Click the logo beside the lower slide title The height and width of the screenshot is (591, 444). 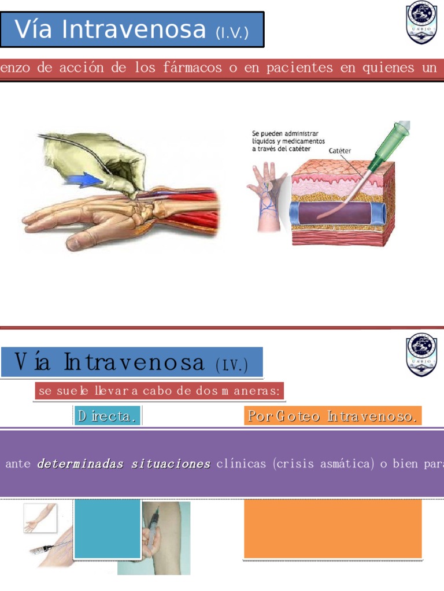(x=421, y=353)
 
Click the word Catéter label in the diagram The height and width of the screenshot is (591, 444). (x=340, y=151)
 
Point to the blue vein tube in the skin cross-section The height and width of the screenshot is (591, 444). (x=338, y=213)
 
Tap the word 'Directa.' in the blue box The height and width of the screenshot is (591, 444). (x=108, y=416)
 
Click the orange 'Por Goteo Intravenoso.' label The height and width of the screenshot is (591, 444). (x=332, y=416)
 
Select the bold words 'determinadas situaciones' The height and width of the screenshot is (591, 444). (x=123, y=464)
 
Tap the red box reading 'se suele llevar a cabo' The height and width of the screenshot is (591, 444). (x=160, y=391)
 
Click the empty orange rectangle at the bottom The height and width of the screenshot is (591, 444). (x=332, y=529)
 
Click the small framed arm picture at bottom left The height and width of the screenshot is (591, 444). (x=40, y=518)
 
